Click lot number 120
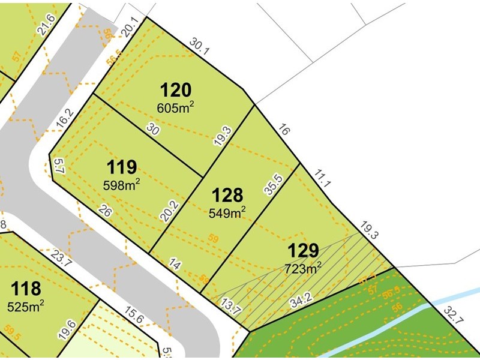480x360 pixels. click(175, 91)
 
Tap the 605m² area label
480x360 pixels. click(175, 107)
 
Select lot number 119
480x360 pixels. click(122, 166)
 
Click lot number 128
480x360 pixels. click(227, 195)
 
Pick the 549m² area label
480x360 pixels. click(227, 212)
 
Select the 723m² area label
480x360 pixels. click(304, 268)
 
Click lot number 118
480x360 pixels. click(26, 290)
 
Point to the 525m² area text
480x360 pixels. click(26, 307)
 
